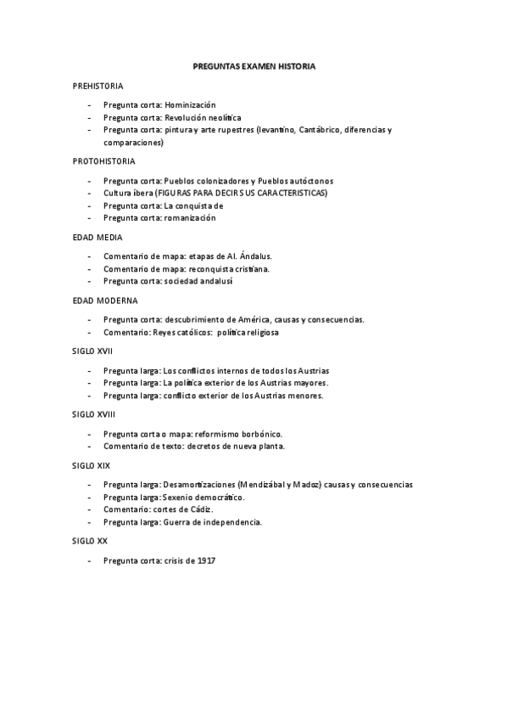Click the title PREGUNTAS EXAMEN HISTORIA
click(254, 65)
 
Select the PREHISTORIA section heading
click(98, 87)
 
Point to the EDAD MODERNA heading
click(105, 301)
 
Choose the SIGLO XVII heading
click(93, 351)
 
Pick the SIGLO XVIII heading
click(95, 414)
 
